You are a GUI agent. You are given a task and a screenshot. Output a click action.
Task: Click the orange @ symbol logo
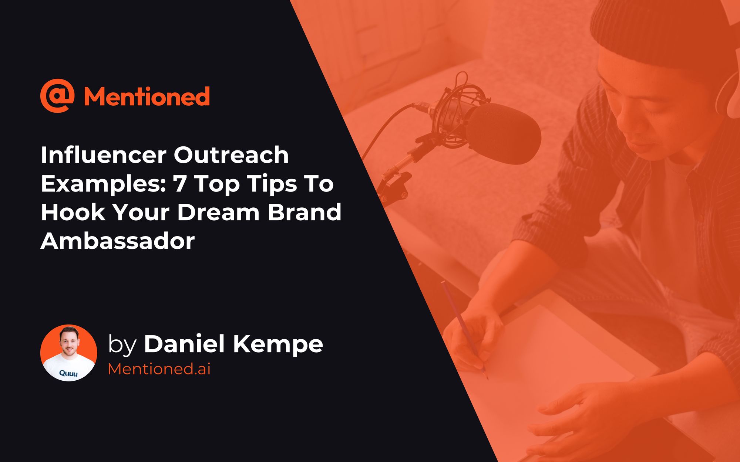click(57, 95)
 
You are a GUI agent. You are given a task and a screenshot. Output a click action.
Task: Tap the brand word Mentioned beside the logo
click(147, 96)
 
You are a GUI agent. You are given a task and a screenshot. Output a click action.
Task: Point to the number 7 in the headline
click(180, 184)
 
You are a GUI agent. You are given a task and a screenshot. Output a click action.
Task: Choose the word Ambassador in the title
click(118, 241)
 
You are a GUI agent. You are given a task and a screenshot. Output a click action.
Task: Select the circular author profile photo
click(69, 353)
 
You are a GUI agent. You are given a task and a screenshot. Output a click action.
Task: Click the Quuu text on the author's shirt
click(68, 373)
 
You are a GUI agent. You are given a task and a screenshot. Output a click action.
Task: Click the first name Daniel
click(184, 344)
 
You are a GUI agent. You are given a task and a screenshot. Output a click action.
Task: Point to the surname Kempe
click(278, 344)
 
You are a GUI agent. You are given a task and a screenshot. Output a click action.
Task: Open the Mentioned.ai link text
click(159, 369)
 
